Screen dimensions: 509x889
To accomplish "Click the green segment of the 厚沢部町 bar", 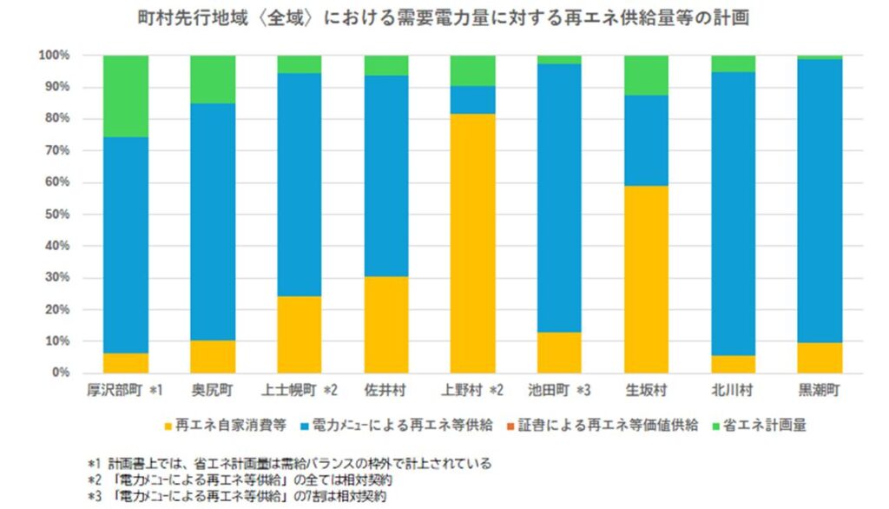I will pyautogui.click(x=125, y=96).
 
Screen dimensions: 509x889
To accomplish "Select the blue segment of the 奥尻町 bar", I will pyautogui.click(x=212, y=221).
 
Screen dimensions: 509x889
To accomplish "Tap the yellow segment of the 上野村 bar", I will pyautogui.click(x=472, y=243).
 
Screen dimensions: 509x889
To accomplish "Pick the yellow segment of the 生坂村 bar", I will pyautogui.click(x=646, y=279).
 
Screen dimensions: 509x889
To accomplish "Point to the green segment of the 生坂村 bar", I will pyautogui.click(x=646, y=75).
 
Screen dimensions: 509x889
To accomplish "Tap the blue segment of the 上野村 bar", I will pyautogui.click(x=472, y=100).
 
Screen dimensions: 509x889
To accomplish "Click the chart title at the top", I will pyautogui.click(x=444, y=17).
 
